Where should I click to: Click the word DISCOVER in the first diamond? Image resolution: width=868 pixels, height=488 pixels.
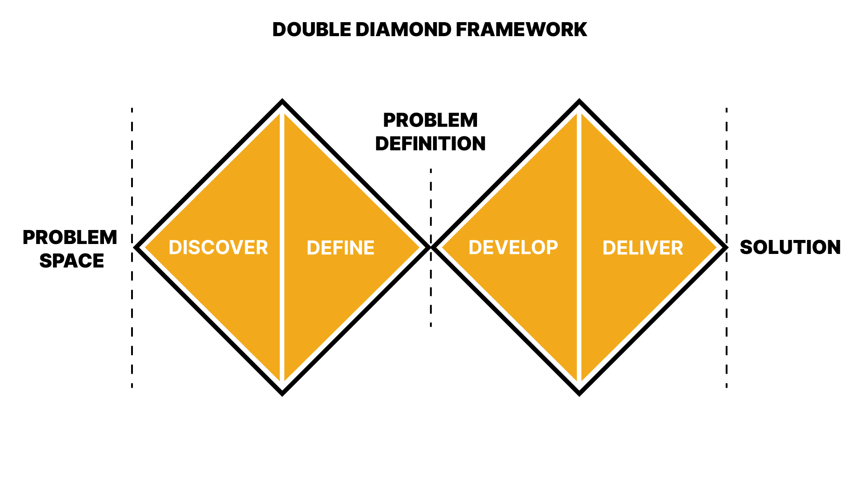coord(218,248)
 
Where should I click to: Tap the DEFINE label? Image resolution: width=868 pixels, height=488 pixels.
coord(340,248)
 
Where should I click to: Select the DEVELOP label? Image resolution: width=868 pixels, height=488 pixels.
coord(513,248)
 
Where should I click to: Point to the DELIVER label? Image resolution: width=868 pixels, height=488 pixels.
coord(642,248)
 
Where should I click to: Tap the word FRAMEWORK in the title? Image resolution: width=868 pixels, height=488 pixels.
coord(521,30)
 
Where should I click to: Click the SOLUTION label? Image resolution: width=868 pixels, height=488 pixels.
coord(790,247)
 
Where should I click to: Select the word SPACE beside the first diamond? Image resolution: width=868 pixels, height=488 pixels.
coord(72,261)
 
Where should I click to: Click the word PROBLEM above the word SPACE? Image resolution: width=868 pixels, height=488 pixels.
coord(70,237)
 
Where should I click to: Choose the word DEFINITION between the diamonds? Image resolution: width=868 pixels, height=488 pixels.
coord(430,144)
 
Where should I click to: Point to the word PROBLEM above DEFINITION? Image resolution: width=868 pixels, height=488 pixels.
coord(430,120)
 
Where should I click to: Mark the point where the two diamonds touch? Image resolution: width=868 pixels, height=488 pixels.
coord(430,247)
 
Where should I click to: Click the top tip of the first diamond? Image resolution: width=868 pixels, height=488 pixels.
coord(282,101)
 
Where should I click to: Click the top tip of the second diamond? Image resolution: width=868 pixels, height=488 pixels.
coord(579,101)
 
